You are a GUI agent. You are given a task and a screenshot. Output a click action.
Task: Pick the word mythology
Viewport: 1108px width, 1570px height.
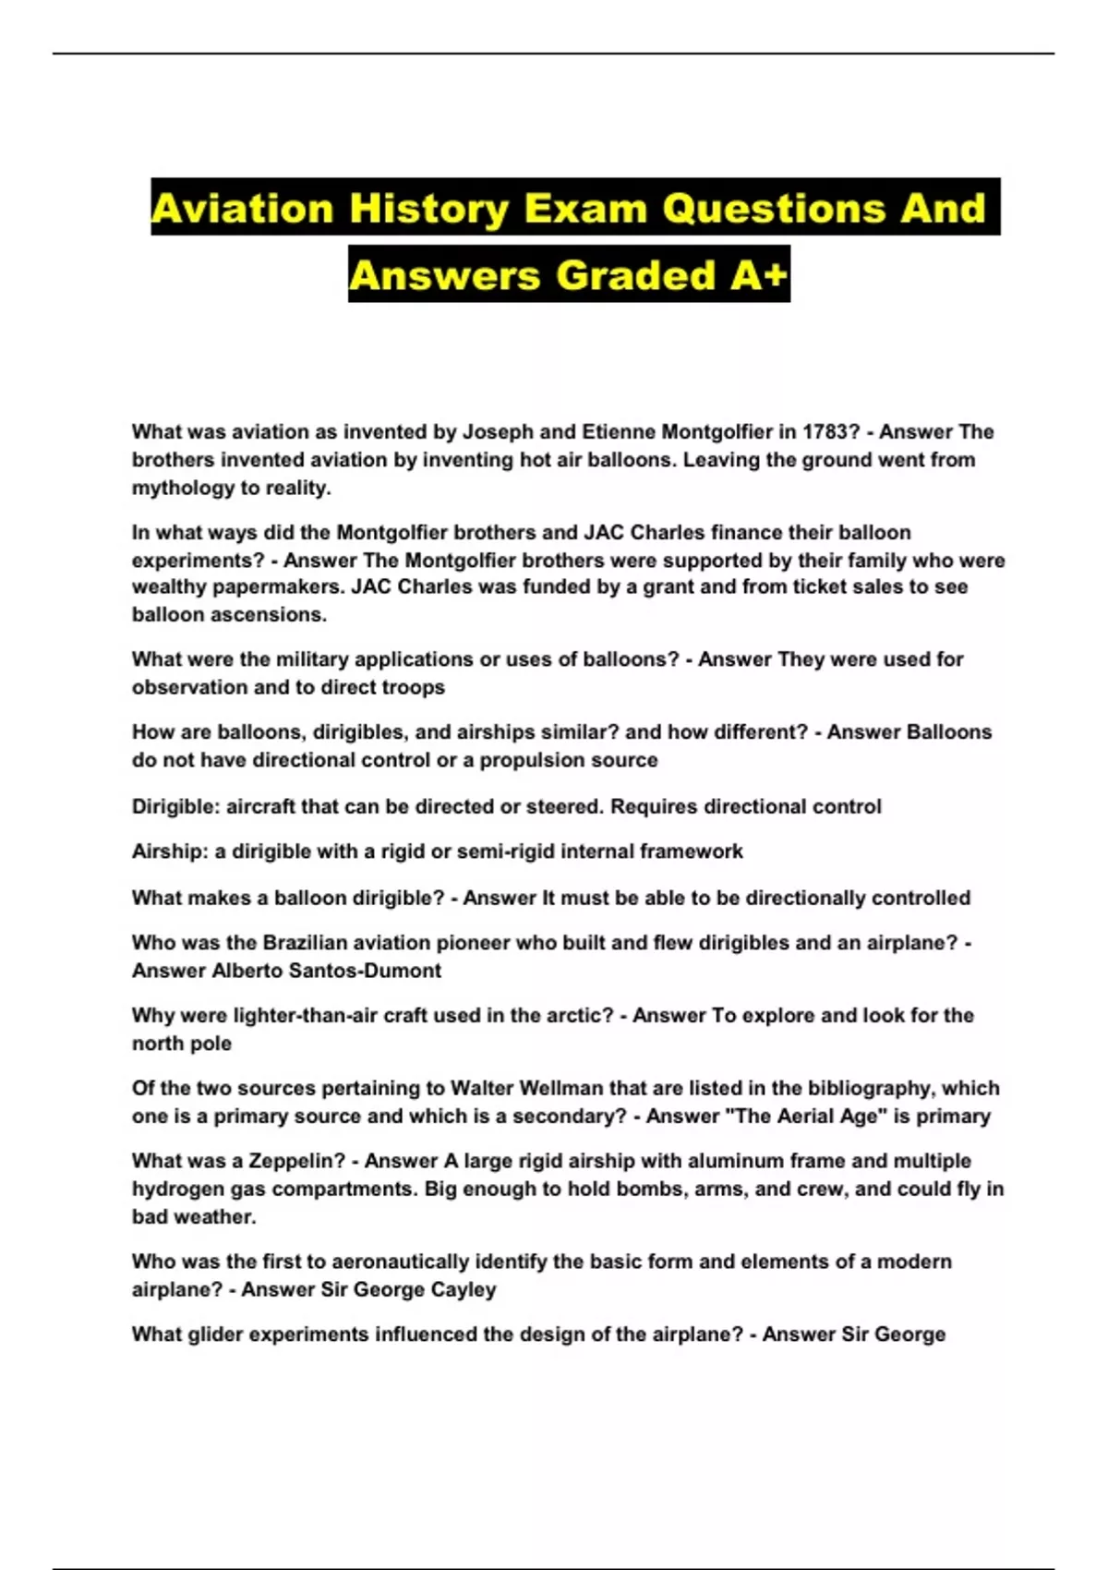(175, 489)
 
